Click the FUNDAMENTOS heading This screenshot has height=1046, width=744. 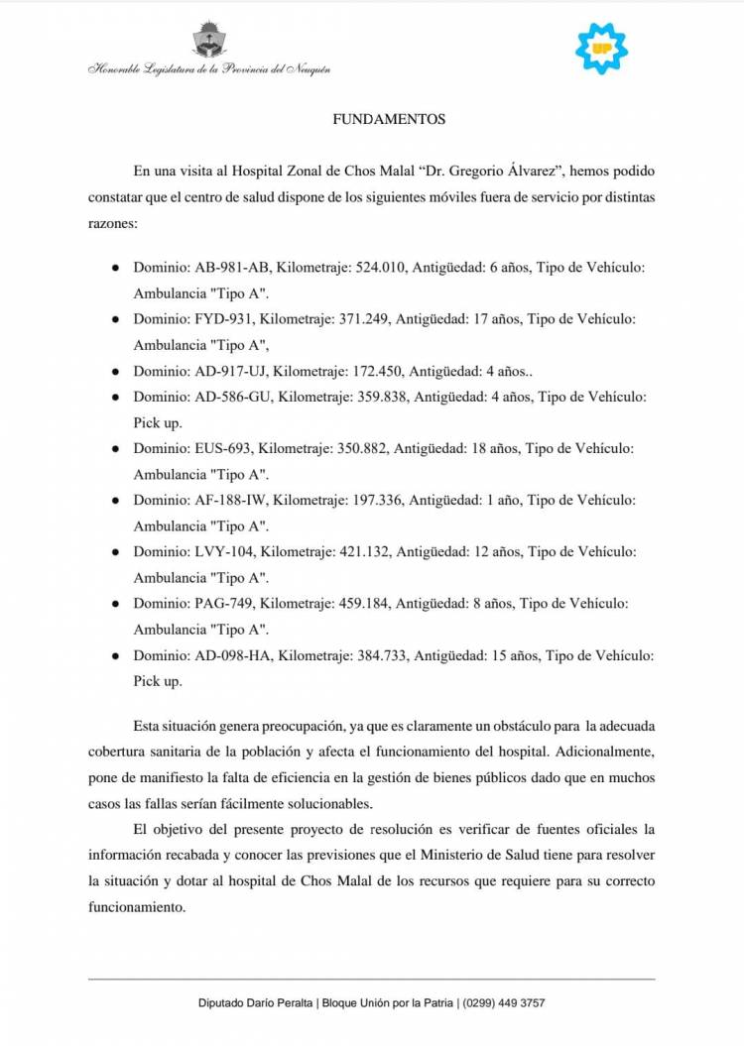pyautogui.click(x=388, y=120)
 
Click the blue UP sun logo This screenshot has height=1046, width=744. pyautogui.click(x=602, y=47)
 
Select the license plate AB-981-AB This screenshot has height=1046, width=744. pyautogui.click(x=232, y=268)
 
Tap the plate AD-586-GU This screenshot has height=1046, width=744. pyautogui.click(x=233, y=397)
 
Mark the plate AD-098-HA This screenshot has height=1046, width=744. pyautogui.click(x=234, y=654)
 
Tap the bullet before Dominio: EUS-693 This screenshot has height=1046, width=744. pyautogui.click(x=116, y=449)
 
